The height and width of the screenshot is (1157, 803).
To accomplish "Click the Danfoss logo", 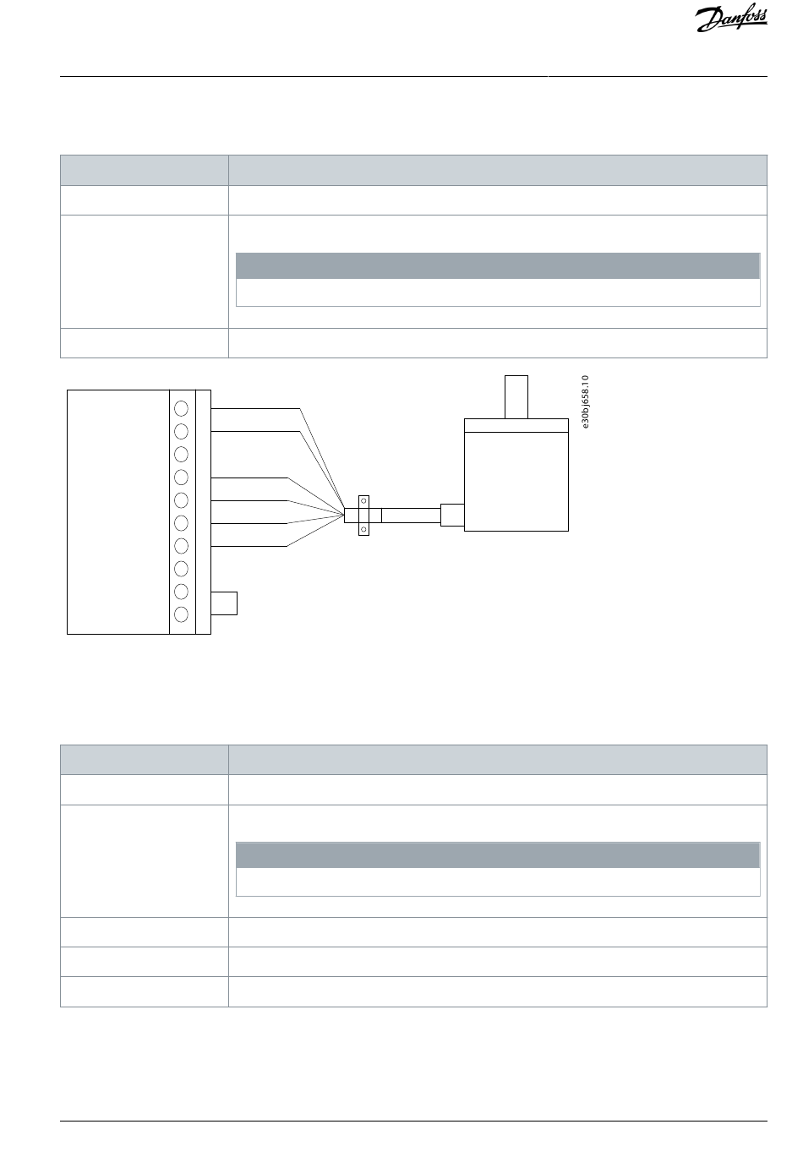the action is pos(731,19).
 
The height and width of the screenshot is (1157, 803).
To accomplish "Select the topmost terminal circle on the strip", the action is pos(181,408).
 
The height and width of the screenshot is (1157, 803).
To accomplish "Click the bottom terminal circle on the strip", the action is pos(181,614).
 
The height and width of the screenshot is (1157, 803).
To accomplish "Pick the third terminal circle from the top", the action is pos(181,454).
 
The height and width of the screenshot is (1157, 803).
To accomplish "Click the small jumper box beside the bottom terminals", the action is pos(224,603).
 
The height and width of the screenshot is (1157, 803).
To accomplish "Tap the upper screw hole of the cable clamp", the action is pos(364,501).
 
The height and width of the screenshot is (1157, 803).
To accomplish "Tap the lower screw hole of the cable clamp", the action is pos(364,529).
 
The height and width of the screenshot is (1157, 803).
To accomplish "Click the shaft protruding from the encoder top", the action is pos(516,396).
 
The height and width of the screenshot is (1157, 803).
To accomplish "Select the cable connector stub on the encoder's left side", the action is pos(452,515).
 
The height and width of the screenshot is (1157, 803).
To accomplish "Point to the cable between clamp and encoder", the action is pos(411,516).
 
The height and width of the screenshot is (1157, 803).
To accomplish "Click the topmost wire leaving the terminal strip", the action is pos(254,408).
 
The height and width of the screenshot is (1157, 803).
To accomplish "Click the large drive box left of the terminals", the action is pos(118,511).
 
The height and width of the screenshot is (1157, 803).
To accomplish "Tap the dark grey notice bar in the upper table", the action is pos(497,265).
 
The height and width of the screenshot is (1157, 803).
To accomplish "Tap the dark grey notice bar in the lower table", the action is pos(497,854).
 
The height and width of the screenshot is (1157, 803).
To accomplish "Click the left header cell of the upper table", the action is pos(144,170).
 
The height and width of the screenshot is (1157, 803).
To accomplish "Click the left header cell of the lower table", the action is pos(144,759).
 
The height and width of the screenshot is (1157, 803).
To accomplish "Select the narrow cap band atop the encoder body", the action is pos(516,425).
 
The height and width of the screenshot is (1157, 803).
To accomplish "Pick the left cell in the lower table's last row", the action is pos(144,991).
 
